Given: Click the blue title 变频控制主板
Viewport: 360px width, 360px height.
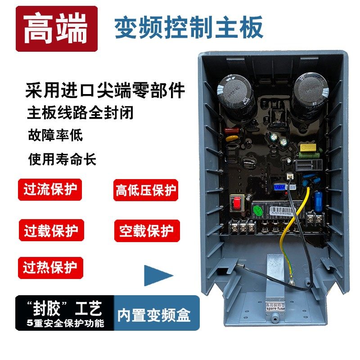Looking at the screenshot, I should point(189,28).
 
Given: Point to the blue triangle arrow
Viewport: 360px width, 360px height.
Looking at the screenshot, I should point(157,275).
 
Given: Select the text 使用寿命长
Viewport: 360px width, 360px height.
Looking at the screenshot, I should point(62,159).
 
